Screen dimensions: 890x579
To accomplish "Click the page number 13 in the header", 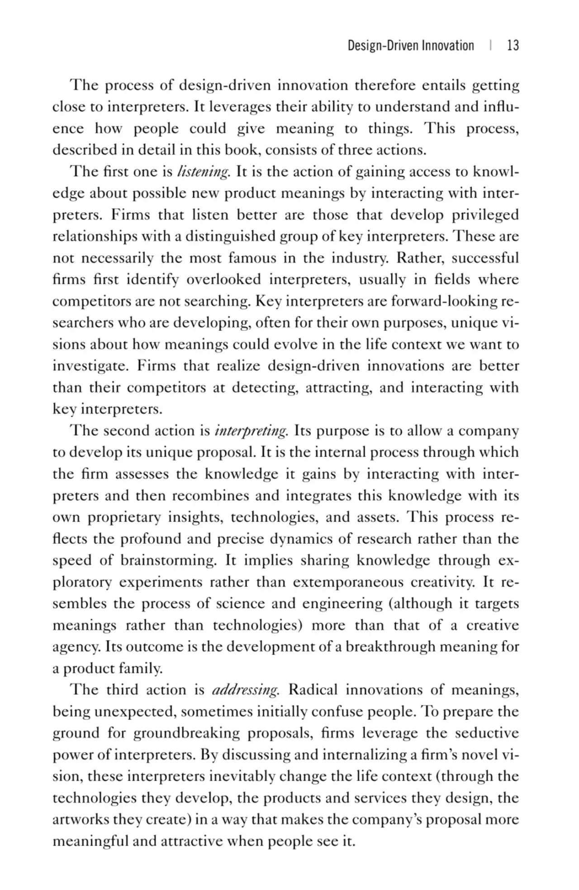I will pyautogui.click(x=513, y=46).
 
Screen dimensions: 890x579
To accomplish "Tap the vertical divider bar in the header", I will pyautogui.click(x=491, y=46).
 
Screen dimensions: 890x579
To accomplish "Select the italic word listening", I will pyautogui.click(x=204, y=172).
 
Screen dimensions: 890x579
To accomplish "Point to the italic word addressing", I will pyautogui.click(x=246, y=690).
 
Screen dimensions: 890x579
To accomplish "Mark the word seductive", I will pyautogui.click(x=487, y=733).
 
